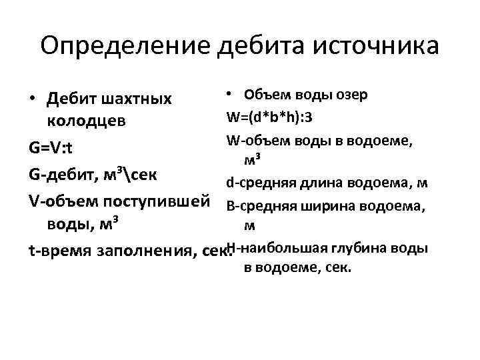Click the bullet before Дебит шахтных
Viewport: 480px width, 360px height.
pyautogui.click(x=32, y=100)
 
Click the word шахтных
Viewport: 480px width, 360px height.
pyautogui.click(x=137, y=99)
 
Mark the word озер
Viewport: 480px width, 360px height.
pyautogui.click(x=351, y=94)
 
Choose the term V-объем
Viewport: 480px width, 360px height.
pyautogui.click(x=62, y=200)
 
